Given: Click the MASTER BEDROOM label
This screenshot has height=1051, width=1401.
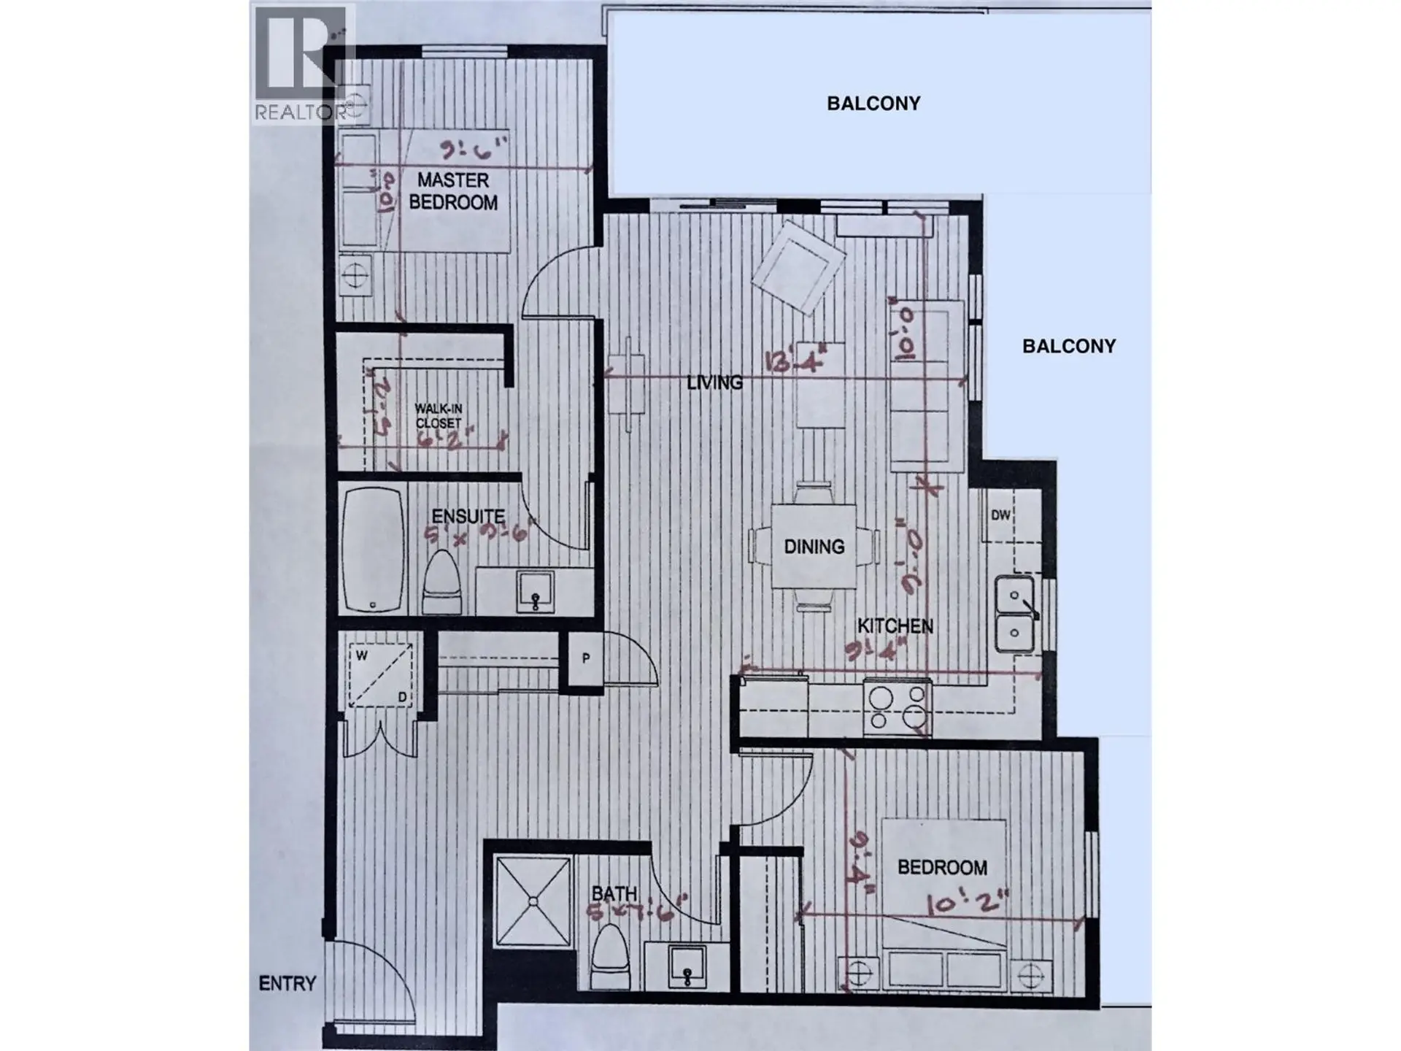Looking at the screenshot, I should (x=453, y=191).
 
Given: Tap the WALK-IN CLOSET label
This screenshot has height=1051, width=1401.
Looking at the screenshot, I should (x=439, y=416).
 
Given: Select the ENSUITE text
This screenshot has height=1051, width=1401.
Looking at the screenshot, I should (x=468, y=516).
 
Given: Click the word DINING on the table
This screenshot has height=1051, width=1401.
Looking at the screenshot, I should (x=814, y=547).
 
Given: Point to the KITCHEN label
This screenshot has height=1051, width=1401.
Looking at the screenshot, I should (x=895, y=626).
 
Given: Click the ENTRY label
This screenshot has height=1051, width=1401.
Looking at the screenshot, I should (x=287, y=984).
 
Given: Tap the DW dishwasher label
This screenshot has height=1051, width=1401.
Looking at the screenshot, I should (x=1000, y=515).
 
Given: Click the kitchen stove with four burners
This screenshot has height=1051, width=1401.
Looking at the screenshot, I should (x=898, y=707).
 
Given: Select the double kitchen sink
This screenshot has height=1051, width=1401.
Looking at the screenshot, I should (x=1015, y=614).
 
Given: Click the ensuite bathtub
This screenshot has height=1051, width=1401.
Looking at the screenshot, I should (x=373, y=549).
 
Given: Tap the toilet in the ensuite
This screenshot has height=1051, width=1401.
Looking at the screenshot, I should (x=442, y=582).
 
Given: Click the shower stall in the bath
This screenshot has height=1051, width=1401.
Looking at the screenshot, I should (x=533, y=901).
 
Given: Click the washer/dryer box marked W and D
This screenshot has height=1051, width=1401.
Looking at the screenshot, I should (x=380, y=675).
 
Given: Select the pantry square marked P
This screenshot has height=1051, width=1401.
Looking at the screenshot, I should (x=586, y=658).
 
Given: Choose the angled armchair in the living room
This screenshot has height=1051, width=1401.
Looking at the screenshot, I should (x=798, y=267).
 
